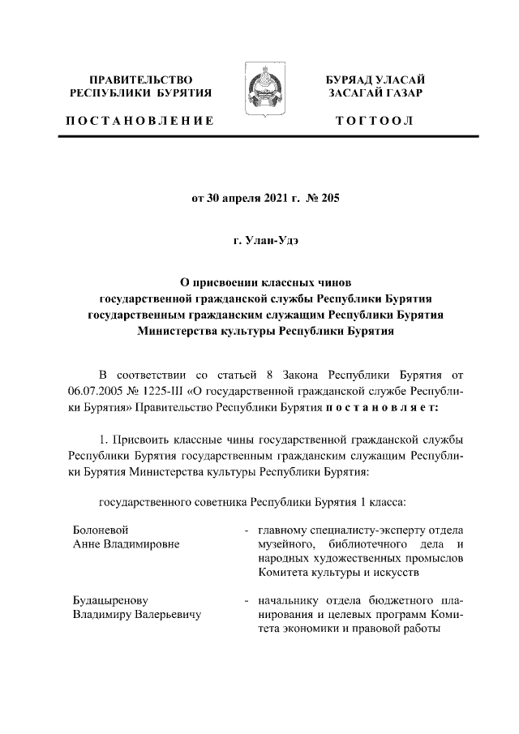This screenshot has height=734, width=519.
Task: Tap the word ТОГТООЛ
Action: click(x=375, y=121)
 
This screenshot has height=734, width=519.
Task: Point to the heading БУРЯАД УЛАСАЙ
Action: click(x=375, y=79)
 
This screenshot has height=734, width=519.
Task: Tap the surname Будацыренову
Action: click(x=109, y=601)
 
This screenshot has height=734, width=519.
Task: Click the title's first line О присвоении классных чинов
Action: click(x=259, y=285)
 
